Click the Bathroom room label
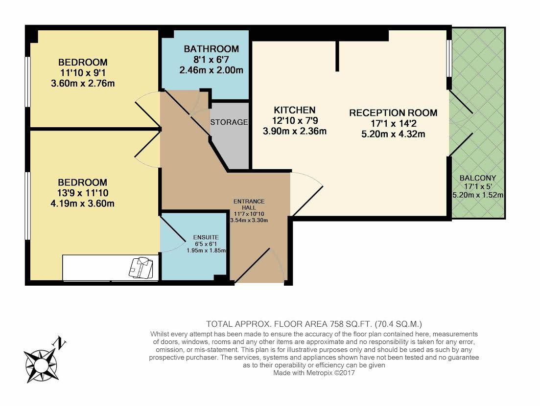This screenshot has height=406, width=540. (211, 49)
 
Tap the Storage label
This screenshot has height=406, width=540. (229, 122)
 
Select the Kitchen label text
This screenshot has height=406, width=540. (294, 110)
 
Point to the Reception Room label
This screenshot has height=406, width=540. (393, 113)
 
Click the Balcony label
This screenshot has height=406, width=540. (478, 178)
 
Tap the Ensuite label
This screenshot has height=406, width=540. (206, 237)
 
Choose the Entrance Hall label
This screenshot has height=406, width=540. (249, 204)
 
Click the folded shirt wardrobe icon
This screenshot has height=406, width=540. (141, 268)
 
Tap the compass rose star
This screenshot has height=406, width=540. (41, 365)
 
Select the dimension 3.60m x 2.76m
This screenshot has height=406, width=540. (83, 84)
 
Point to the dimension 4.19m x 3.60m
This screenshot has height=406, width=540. (83, 203)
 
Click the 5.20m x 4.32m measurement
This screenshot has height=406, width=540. (393, 134)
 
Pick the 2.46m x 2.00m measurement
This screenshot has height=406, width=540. (211, 70)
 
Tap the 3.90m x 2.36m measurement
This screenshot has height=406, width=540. (294, 131)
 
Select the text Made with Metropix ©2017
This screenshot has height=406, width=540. (314, 373)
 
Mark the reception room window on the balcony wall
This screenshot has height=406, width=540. (449, 59)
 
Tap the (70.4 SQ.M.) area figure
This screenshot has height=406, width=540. (399, 324)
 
